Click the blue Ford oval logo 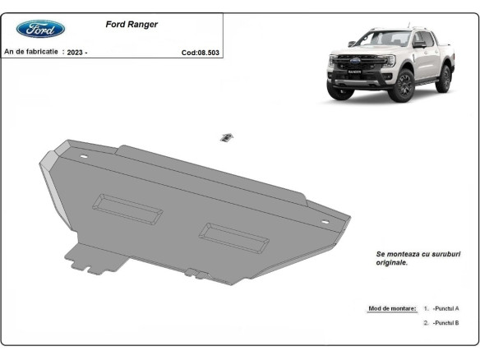pos(40,29)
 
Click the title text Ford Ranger pos(132,25)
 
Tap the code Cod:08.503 pos(200,52)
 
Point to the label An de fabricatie pos(31,51)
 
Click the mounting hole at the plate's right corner pos(325,222)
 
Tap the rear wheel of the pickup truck pos(445,78)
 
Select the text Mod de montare pos(392,308)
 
